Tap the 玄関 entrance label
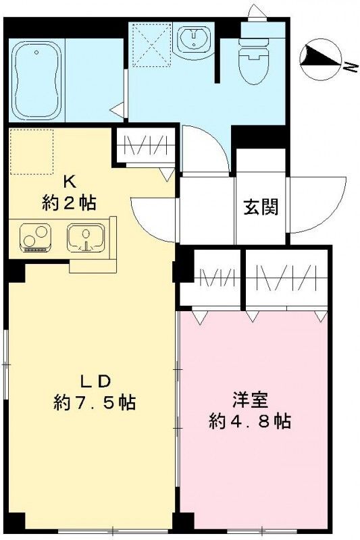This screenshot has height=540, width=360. tap(261, 207)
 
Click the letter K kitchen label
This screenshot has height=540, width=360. tap(68, 181)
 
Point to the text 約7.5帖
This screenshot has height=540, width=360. tap(95, 403)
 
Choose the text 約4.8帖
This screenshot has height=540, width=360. tap(250, 423)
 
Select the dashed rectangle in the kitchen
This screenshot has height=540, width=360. tap(31, 153)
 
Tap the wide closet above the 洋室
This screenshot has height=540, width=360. tap(287, 278)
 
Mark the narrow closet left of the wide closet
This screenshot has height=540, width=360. tap(211, 278)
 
